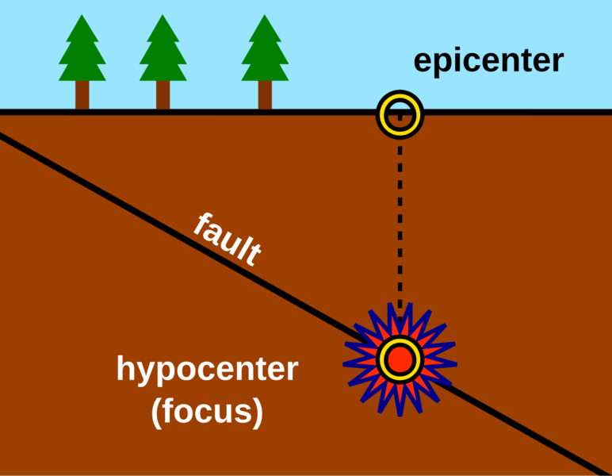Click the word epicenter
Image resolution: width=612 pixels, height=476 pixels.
coord(488,61)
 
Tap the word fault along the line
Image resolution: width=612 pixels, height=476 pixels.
coord(228,240)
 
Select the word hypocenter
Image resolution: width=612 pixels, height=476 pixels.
coord(207,370)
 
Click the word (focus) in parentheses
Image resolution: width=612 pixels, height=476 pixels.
coord(207,412)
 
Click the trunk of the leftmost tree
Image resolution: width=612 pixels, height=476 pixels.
coord(82,94)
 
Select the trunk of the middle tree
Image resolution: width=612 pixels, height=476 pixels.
coord(163,94)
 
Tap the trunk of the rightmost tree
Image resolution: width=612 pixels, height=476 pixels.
coord(265,94)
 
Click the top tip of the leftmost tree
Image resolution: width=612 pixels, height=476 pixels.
coord(82,15)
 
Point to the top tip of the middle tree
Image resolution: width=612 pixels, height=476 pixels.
coord(163,15)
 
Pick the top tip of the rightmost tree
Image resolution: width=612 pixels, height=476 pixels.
coord(265,15)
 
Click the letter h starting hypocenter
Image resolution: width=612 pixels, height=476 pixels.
coord(126,370)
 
